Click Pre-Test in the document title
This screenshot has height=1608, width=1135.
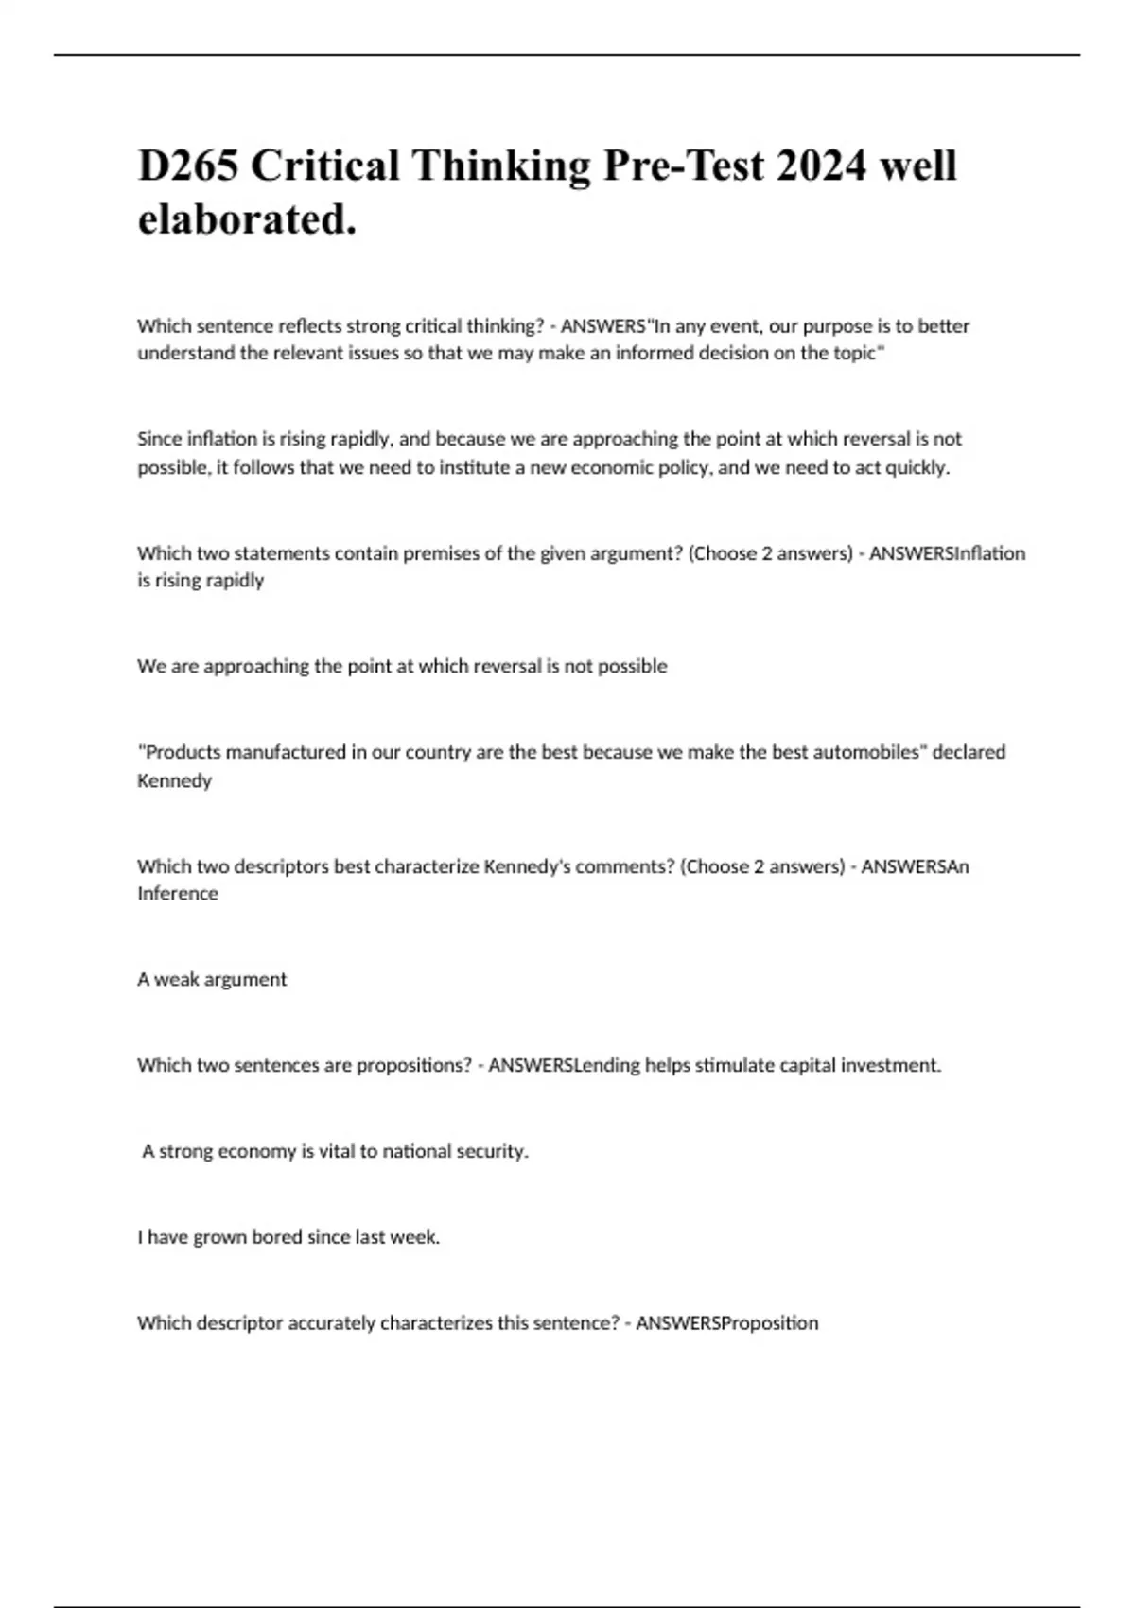click(x=683, y=166)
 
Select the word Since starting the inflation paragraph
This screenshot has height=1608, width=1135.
click(x=159, y=439)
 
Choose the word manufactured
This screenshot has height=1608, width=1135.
click(x=286, y=752)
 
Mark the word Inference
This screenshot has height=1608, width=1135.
click(x=177, y=894)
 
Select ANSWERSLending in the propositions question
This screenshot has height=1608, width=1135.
click(x=564, y=1066)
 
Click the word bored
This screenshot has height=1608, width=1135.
click(x=276, y=1237)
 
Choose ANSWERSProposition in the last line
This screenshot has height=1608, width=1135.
click(x=726, y=1323)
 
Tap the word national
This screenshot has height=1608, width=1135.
click(x=417, y=1152)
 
